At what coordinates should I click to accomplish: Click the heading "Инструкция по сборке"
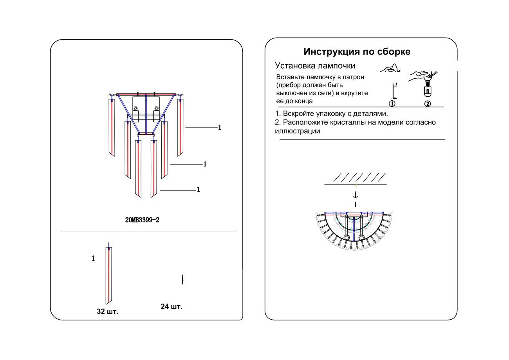[357, 52]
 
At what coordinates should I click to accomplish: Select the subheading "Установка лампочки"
[315, 65]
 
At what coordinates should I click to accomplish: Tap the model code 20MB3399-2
[142, 220]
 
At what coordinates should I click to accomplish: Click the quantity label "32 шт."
[107, 312]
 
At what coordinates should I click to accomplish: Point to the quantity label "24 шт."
[171, 306]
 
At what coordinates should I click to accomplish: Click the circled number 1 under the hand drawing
[392, 103]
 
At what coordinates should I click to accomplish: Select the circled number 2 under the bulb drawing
[428, 103]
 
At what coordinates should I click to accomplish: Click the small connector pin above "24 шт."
[183, 279]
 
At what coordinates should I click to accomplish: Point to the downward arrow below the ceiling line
[355, 195]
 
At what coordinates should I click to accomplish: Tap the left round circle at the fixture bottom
[347, 238]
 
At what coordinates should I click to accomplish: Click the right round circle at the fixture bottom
[361, 238]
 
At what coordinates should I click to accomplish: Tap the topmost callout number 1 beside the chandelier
[220, 128]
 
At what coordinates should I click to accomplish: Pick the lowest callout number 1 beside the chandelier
[199, 190]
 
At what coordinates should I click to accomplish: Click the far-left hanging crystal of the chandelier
[112, 127]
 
